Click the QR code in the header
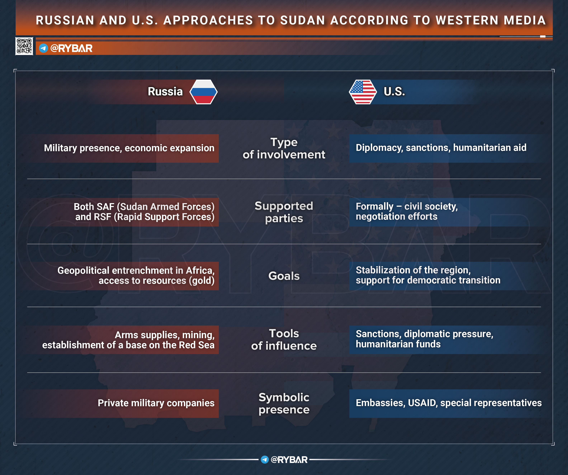24,46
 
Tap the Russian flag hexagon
203,92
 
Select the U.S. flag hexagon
363,92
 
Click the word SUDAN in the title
302,20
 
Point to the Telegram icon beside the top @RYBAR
43,48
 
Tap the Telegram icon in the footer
265,460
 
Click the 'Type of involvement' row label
284,148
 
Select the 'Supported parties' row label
284,212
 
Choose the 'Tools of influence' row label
284,340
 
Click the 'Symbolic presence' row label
284,403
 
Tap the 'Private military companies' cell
156,403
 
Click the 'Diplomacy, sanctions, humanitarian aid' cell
441,148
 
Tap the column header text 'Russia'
165,92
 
